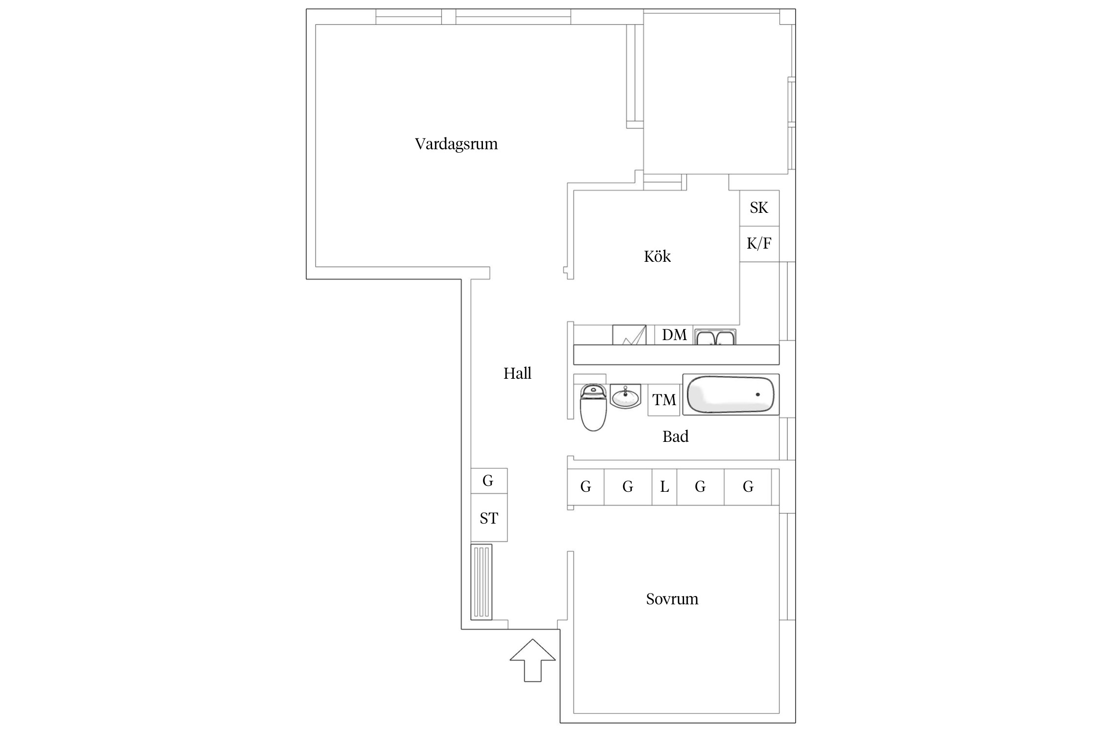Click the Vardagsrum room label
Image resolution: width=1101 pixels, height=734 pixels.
tap(456, 144)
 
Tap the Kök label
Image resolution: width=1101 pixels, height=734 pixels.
tap(657, 256)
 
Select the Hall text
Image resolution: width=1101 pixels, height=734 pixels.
tap(517, 373)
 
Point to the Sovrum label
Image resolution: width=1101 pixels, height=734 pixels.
tap(672, 599)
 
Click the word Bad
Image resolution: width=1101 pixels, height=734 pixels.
tap(675, 436)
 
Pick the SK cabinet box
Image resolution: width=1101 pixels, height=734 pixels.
tap(759, 208)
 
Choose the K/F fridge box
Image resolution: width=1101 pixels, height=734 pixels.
tap(759, 244)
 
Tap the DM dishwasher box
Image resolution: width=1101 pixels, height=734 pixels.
tap(674, 335)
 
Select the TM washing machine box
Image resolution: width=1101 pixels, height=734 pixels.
tap(664, 400)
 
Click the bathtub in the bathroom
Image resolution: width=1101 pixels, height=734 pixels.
tap(731, 394)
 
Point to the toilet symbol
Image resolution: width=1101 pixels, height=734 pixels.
tap(593, 408)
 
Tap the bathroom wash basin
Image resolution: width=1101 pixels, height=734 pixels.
tap(625, 396)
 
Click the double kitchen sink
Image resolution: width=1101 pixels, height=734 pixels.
tap(715, 337)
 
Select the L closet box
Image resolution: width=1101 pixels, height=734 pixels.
tap(665, 487)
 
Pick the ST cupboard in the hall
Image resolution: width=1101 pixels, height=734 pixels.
tap(489, 518)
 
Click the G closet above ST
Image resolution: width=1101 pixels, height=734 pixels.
tap(488, 481)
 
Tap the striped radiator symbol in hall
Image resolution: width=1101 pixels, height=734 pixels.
tap(481, 582)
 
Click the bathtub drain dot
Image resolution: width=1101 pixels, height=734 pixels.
tap(758, 394)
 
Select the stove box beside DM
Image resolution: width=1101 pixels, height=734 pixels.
tap(629, 335)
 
